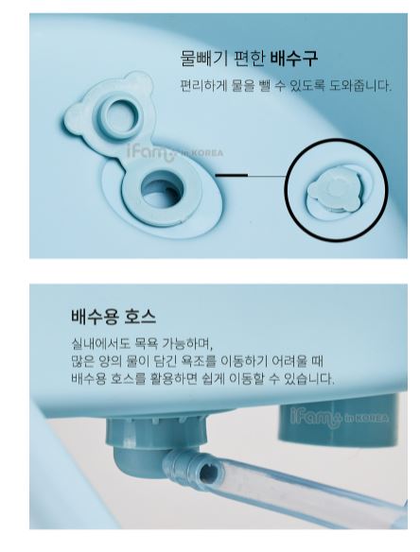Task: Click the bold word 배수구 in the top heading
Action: point(294,59)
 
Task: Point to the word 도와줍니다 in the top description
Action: point(360,86)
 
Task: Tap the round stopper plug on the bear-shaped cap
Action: point(120,114)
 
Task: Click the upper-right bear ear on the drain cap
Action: point(140,81)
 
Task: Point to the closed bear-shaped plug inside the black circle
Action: point(334,191)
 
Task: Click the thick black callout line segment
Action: point(232,175)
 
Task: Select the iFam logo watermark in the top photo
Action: point(174,153)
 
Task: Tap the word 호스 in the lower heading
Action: point(140,317)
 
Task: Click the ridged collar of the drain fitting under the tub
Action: point(156,429)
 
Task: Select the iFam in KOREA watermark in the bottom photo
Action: point(340,418)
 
